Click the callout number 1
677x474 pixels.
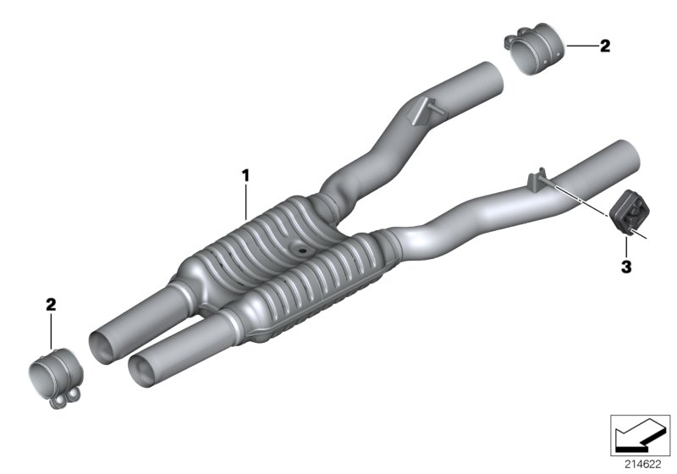click(x=246, y=175)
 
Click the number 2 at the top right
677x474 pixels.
click(x=604, y=47)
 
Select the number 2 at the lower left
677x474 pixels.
click(x=51, y=304)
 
